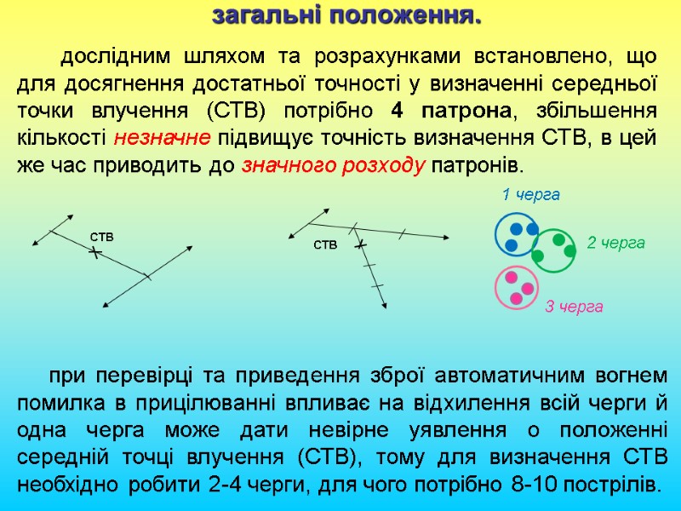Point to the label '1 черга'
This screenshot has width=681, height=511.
click(531, 195)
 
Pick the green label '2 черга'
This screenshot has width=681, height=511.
click(616, 243)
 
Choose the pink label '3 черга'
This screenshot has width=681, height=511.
click(574, 307)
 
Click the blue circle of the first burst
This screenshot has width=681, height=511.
click(518, 234)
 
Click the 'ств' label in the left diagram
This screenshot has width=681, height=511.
click(101, 235)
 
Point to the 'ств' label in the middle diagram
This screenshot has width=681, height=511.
click(326, 245)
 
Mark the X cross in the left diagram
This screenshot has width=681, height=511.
click(94, 253)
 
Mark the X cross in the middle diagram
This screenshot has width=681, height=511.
click(362, 245)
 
